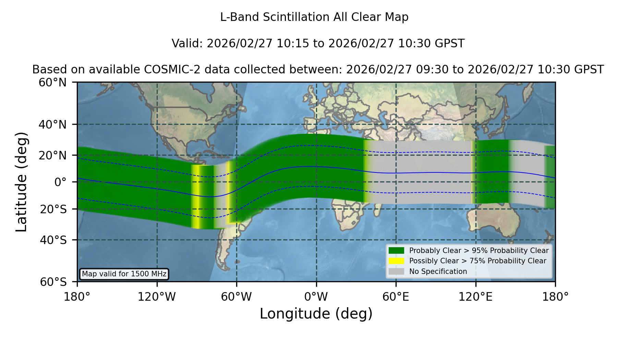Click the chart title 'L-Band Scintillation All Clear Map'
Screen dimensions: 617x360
(314, 17)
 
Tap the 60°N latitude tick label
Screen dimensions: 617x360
(53, 82)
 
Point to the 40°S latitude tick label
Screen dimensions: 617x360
(53, 240)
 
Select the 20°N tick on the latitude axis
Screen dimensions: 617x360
(53, 155)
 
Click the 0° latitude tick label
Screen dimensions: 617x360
(60, 182)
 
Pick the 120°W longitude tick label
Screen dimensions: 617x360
(157, 297)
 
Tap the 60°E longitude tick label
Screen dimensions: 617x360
(396, 297)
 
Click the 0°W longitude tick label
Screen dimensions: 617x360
(316, 297)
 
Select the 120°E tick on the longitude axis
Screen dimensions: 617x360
(475, 297)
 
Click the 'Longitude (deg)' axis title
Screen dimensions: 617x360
(316, 313)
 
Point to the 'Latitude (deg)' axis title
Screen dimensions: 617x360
(21, 182)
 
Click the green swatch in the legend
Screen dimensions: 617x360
(397, 251)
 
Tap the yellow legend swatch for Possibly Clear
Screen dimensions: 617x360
(397, 261)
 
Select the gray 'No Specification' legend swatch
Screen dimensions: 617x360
(397, 272)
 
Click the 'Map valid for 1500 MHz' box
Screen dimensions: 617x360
(124, 274)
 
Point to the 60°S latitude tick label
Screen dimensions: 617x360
(53, 282)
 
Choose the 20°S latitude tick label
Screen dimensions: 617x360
(53, 209)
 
